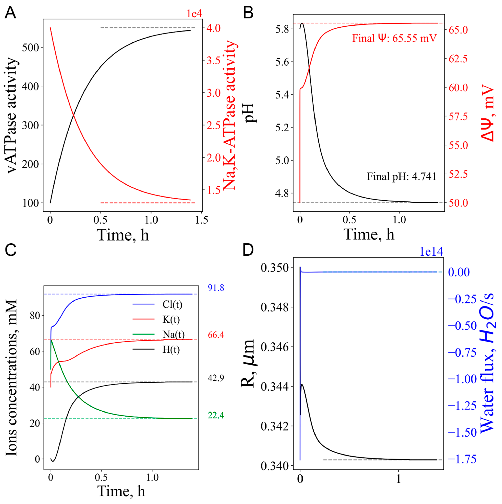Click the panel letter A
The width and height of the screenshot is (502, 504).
[10, 13]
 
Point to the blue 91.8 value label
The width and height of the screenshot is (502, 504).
[216, 288]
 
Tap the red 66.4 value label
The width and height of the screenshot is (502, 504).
[216, 335]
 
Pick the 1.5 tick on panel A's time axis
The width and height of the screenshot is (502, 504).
[202, 220]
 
